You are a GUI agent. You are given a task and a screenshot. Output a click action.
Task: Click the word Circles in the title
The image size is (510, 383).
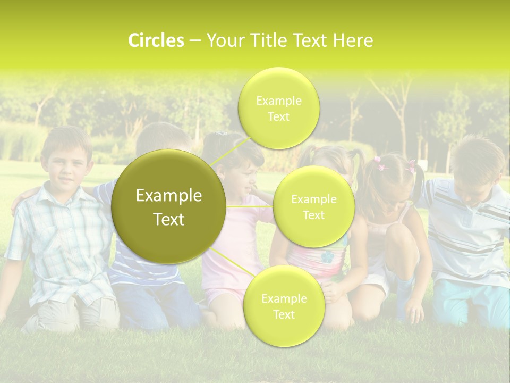pos(156,40)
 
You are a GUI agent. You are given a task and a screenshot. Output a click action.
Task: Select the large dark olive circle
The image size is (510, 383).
pos(169,206)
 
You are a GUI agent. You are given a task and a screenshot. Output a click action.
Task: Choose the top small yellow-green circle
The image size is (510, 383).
pos(278,109)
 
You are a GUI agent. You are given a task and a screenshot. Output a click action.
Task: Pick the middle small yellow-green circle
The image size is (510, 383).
pos(313,206)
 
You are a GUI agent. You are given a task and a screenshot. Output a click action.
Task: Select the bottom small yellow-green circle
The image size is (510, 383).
pos(284,306)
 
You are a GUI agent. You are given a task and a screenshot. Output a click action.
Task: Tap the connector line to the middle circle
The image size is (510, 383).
pos(250,206)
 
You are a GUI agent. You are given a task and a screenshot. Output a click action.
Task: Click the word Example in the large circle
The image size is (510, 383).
pos(169,196)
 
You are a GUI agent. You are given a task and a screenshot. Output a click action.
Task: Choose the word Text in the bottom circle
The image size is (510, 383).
pos(284,314)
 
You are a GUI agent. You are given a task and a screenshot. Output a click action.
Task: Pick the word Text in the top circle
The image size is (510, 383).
pos(278,117)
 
